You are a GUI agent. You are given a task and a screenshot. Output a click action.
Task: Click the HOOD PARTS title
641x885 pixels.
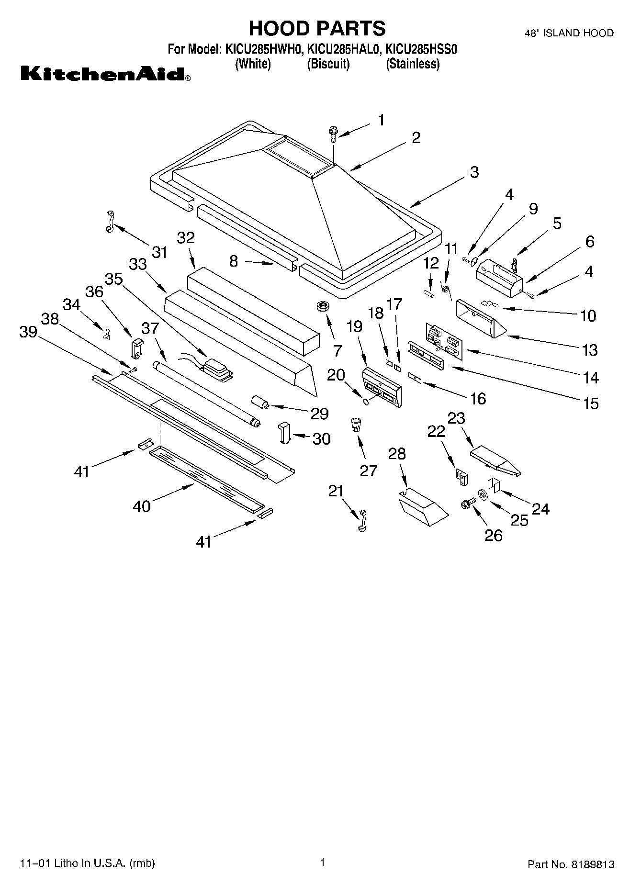pyautogui.click(x=317, y=29)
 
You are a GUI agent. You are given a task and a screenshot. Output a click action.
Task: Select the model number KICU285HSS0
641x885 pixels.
pyautogui.click(x=422, y=49)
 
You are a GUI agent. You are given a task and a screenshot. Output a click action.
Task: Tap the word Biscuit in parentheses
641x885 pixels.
pyautogui.click(x=328, y=64)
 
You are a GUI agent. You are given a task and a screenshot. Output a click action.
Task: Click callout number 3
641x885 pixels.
pyautogui.click(x=474, y=172)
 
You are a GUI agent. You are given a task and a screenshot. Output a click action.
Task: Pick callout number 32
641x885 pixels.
pyautogui.click(x=186, y=238)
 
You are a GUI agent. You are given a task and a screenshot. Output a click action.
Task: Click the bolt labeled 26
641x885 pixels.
pyautogui.click(x=467, y=504)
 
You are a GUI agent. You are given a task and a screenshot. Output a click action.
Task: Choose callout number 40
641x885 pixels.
pyautogui.click(x=142, y=506)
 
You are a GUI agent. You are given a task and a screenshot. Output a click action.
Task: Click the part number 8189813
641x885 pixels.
pyautogui.click(x=592, y=865)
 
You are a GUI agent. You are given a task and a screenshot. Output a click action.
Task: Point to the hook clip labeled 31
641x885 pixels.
pyautogui.click(x=110, y=221)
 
